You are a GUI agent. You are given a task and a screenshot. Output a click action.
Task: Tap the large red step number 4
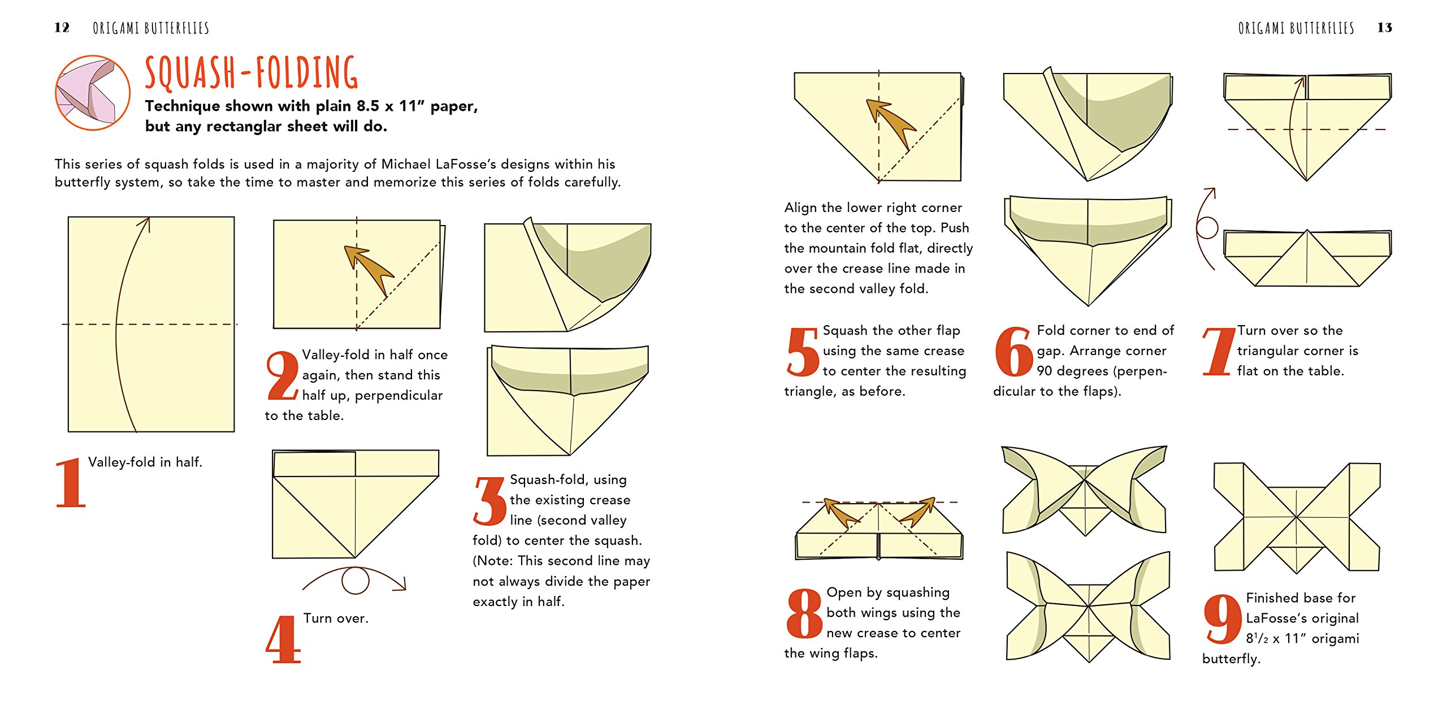click(x=284, y=639)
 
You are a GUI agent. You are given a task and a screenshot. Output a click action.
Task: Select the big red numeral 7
click(x=1219, y=351)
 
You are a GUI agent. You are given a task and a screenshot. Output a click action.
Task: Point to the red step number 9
click(x=1223, y=620)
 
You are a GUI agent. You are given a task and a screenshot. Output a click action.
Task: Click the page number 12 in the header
click(x=62, y=27)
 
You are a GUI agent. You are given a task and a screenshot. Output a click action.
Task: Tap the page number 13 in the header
click(x=1384, y=27)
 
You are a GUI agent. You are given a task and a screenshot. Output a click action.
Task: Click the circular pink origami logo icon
click(x=93, y=93)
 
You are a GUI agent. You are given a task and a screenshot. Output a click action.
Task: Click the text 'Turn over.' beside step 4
click(x=336, y=618)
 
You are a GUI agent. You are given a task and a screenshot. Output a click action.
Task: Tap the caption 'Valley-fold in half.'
click(x=145, y=462)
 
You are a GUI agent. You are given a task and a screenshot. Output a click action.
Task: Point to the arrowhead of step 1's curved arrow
click(x=145, y=223)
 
